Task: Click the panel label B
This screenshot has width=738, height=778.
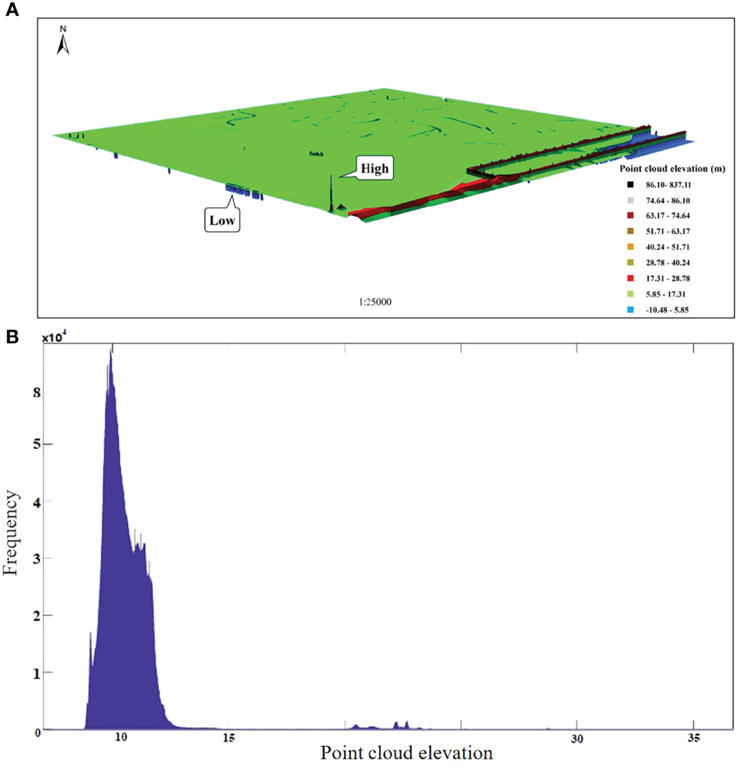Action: [12, 337]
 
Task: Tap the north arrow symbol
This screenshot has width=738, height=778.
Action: [63, 41]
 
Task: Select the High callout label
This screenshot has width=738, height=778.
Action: [374, 169]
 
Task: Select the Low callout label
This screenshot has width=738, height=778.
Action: [222, 221]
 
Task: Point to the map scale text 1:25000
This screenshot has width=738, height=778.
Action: [375, 302]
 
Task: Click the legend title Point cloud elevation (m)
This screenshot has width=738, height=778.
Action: [672, 169]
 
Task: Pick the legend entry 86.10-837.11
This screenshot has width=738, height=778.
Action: [668, 185]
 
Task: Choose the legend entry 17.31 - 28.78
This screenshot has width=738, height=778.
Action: [667, 278]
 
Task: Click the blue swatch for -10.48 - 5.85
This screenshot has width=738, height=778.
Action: [630, 310]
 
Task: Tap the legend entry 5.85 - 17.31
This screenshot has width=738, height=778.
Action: [665, 294]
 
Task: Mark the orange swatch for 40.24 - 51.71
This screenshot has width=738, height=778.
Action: [630, 247]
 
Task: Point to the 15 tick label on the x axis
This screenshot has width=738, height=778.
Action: [229, 738]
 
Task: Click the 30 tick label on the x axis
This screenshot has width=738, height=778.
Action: [576, 739]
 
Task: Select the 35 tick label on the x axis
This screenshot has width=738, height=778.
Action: [693, 738]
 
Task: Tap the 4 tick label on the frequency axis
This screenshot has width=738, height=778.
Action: [37, 502]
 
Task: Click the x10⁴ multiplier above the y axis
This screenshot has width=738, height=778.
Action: [54, 337]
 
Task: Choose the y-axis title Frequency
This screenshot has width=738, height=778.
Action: [11, 533]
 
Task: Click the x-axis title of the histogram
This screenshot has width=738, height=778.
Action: [406, 753]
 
